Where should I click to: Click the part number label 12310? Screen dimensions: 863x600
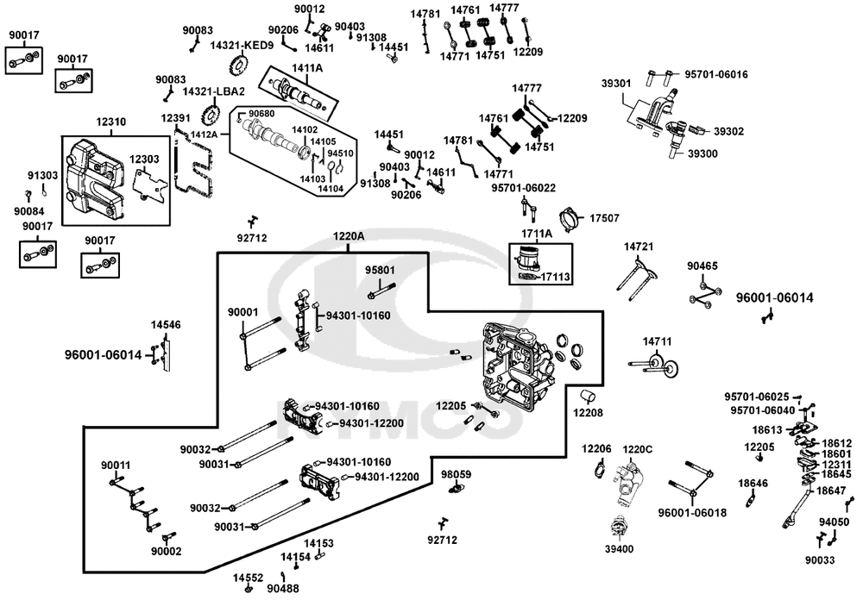point(110,122)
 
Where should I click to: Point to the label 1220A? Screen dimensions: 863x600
point(349,236)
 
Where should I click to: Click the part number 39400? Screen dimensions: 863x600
point(619,548)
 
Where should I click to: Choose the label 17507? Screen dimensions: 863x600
point(604,218)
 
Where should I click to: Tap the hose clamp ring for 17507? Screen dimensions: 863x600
point(570,218)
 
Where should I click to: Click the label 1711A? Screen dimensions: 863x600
point(537,234)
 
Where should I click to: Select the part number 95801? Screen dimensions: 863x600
point(381,270)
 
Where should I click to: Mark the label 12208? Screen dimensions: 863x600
point(588,412)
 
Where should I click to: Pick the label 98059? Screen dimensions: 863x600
point(457,474)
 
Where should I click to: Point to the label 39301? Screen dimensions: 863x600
point(616,83)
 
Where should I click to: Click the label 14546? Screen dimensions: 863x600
point(166,324)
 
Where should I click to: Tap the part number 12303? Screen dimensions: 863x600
point(144,159)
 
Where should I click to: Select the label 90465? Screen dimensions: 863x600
point(702,266)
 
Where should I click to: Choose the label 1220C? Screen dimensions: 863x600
point(638,449)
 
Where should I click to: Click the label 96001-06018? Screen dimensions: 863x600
point(692,513)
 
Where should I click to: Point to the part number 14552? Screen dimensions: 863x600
point(248,578)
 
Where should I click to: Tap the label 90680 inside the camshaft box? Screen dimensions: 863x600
point(261,113)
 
